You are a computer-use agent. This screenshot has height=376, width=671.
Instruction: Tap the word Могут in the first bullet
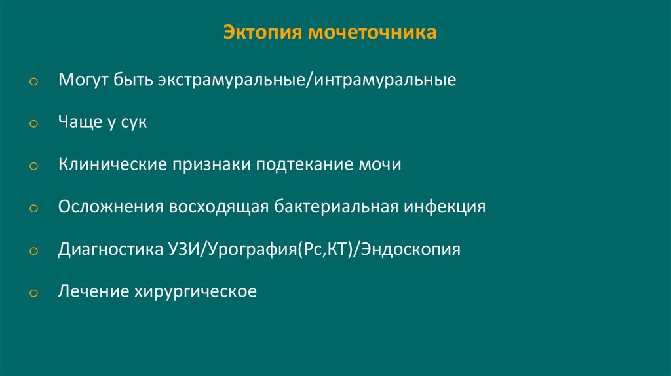coord(81,81)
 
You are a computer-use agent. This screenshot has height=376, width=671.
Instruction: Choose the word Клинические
coord(111,164)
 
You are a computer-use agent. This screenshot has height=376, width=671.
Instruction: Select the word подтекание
coord(305,164)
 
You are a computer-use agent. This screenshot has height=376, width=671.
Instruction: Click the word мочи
coord(380,164)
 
